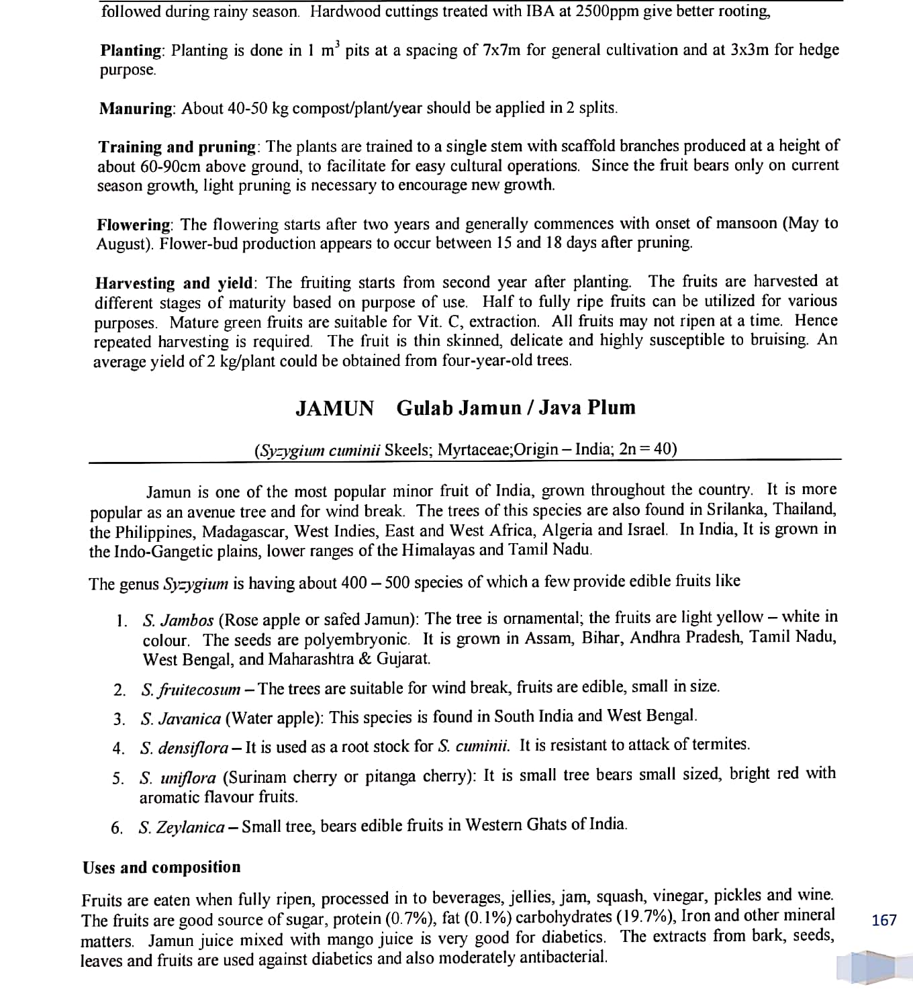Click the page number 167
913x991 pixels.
pos(883,921)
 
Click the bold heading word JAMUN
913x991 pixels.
pos(334,408)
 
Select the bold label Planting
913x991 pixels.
pos(132,50)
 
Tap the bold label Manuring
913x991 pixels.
pos(137,109)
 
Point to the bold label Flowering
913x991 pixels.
pos(134,224)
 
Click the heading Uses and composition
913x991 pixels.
pos(161,867)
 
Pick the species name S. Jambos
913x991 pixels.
pos(178,620)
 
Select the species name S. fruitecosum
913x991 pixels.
pos(191,690)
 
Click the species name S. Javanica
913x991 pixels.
pos(181,719)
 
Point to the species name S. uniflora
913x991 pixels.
pos(178,778)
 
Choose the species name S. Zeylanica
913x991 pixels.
pos(181,827)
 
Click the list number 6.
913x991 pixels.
pos(117,828)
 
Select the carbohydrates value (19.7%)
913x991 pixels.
pos(642,917)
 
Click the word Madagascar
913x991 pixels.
pos(245,532)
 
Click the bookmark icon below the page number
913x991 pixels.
pos(867,967)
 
